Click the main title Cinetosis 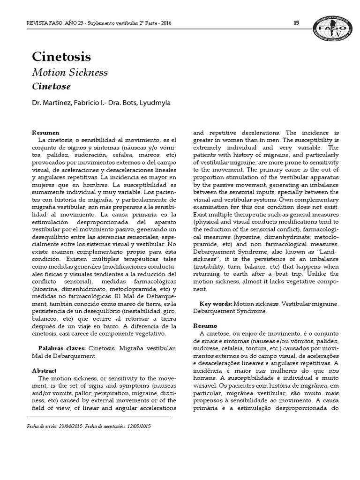[61, 57]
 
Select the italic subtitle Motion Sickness [70, 73]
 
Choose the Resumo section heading [205, 325]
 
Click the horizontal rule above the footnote [98, 416]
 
